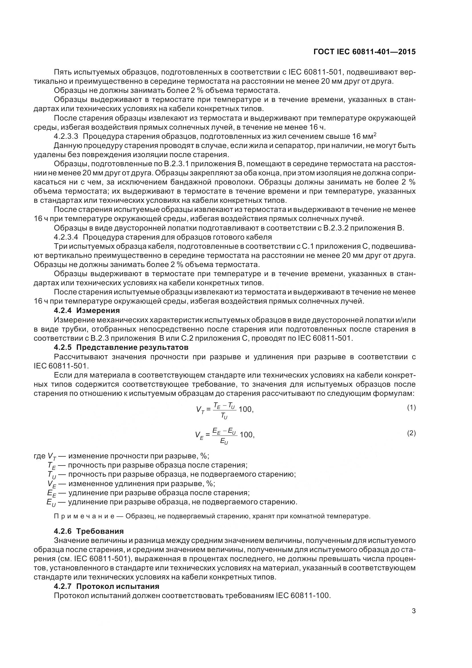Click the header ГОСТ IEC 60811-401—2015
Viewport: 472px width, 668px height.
click(365, 52)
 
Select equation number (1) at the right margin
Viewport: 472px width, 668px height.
click(411, 408)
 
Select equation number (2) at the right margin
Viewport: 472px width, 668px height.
click(411, 433)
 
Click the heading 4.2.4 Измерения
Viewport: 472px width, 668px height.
click(87, 310)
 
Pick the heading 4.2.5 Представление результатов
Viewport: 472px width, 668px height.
click(121, 347)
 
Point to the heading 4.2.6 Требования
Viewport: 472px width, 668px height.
click(89, 531)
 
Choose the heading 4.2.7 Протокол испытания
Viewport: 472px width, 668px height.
click(107, 586)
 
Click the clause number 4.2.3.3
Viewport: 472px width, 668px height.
click(66, 137)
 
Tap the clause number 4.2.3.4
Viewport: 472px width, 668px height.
click(66, 237)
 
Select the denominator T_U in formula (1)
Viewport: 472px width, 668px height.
click(224, 416)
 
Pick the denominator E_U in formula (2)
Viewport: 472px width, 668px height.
click(224, 442)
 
